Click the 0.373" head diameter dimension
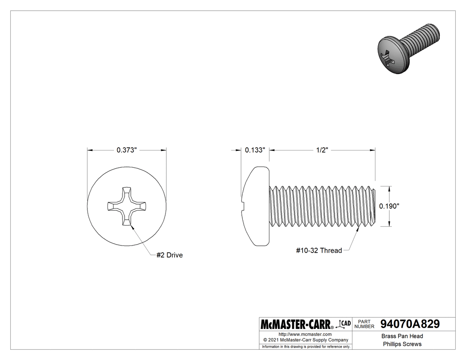click(126, 150)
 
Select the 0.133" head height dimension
click(255, 150)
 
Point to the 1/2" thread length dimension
click(322, 150)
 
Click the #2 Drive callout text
click(170, 255)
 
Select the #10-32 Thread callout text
click(319, 250)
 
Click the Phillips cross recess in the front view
click(126, 207)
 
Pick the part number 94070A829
click(410, 324)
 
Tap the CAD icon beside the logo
click(344, 324)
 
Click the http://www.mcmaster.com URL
click(305, 334)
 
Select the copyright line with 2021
click(305, 340)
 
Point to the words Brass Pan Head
click(402, 336)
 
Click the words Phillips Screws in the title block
click(402, 344)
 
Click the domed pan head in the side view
click(257, 206)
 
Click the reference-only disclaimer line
click(306, 346)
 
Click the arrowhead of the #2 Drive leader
click(132, 225)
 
